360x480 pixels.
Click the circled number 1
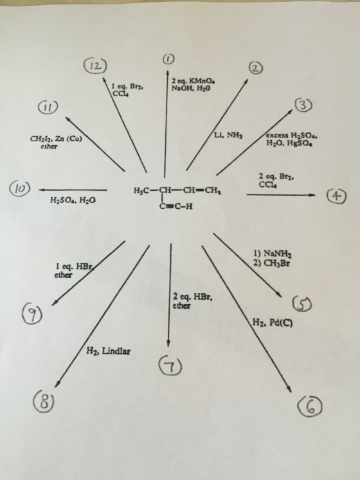[169, 58]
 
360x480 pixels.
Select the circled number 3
[303, 105]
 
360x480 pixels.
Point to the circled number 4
[336, 196]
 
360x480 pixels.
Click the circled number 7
[170, 366]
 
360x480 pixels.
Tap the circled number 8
[44, 402]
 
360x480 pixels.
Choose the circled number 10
[20, 188]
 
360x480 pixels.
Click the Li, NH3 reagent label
[228, 135]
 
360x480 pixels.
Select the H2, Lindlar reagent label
[109, 350]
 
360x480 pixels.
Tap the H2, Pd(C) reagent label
[273, 323]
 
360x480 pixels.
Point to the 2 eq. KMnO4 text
[194, 81]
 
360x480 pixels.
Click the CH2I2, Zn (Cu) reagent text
[56, 139]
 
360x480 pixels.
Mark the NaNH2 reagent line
[273, 253]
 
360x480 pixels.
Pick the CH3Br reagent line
[271, 263]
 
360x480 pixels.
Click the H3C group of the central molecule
[141, 190]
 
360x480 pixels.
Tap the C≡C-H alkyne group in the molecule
[176, 206]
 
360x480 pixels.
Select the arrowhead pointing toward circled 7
[168, 343]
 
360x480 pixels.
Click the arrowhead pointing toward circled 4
[311, 195]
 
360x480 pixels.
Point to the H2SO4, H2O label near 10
[73, 200]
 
